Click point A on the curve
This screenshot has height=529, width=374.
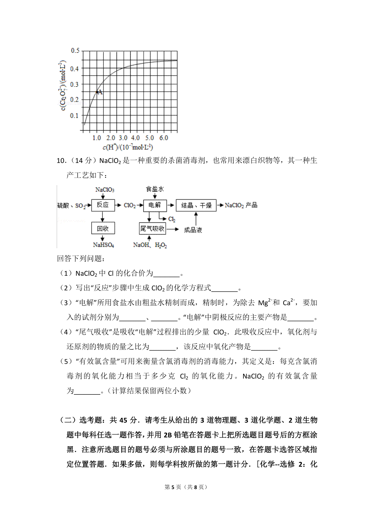click(x=97, y=92)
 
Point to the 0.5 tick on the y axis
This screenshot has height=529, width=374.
click(x=75, y=50)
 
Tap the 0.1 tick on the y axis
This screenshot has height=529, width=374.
click(x=74, y=116)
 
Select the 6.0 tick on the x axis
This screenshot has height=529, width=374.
click(x=164, y=138)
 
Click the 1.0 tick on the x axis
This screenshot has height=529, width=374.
click(x=97, y=138)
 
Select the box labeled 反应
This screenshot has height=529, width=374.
click(x=103, y=205)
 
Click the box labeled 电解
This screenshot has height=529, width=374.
click(x=155, y=205)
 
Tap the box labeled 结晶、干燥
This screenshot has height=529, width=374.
click(x=196, y=205)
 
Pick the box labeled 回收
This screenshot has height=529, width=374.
click(x=103, y=228)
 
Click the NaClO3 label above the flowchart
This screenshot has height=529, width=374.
click(x=105, y=190)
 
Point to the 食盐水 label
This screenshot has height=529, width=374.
click(x=155, y=189)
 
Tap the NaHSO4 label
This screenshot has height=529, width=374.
click(x=103, y=245)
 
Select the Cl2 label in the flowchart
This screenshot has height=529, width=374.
click(x=172, y=219)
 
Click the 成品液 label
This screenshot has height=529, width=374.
click(x=193, y=230)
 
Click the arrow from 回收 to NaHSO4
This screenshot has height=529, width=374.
click(x=103, y=238)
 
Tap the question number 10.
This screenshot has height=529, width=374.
click(x=61, y=161)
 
